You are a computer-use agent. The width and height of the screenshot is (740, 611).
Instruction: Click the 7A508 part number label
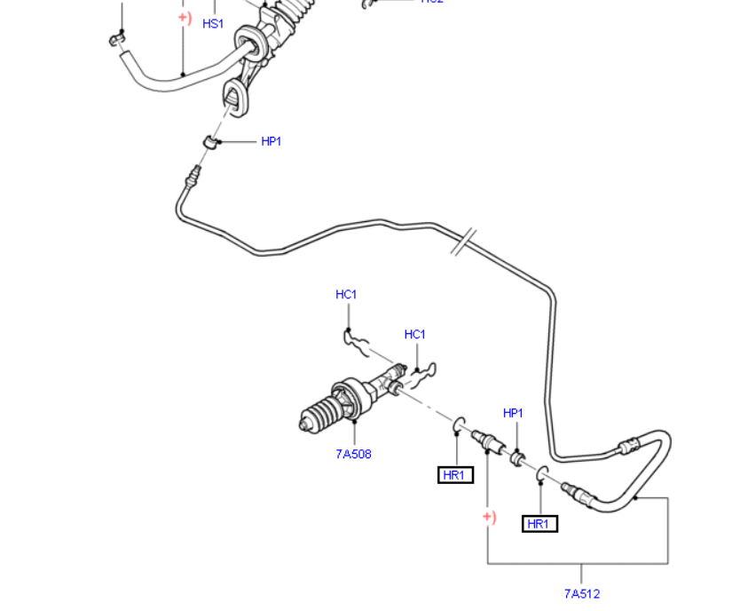(353, 454)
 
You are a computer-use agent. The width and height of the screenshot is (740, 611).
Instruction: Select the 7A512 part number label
(581, 593)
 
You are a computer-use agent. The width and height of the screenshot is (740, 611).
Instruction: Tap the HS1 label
(213, 24)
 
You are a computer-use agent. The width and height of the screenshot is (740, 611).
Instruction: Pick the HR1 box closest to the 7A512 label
(539, 524)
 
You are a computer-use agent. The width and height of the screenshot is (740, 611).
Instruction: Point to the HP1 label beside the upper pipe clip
(271, 141)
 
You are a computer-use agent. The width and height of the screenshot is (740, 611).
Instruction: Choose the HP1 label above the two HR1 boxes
(513, 413)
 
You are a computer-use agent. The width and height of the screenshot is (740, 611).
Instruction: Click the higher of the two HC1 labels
(346, 294)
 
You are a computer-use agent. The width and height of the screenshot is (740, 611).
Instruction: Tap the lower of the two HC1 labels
(414, 335)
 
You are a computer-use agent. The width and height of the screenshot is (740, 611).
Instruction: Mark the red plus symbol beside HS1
(185, 17)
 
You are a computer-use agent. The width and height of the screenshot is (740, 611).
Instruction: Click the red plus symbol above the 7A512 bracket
(489, 517)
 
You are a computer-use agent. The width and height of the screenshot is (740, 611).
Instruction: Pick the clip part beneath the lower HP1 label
(516, 456)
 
